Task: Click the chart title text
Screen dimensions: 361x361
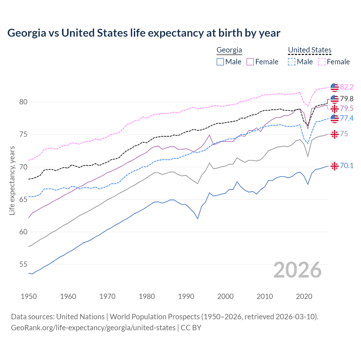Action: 144,33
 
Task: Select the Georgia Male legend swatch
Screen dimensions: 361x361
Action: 220,62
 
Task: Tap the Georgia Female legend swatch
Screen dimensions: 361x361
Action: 250,62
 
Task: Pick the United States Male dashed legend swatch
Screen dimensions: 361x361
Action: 292,62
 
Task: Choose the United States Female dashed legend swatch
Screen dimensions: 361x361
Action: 322,62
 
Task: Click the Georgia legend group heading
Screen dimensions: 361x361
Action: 229,50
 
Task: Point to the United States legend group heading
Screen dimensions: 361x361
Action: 309,50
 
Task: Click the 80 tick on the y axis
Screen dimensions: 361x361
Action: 23,102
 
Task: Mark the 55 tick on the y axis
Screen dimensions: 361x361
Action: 23,264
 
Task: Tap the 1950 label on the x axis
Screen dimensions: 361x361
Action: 29,296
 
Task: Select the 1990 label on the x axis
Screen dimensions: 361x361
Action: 186,296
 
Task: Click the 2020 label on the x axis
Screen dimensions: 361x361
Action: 304,296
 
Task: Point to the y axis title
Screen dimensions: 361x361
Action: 12,180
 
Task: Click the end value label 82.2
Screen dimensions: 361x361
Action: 347,87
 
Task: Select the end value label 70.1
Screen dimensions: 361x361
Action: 347,166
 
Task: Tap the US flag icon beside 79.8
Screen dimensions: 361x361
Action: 334,99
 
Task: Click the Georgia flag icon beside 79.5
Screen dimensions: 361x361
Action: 334,109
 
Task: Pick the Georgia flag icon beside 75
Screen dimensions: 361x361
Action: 334,134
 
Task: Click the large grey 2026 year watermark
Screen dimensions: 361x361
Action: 298,270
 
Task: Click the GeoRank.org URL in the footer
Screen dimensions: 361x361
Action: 93,328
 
